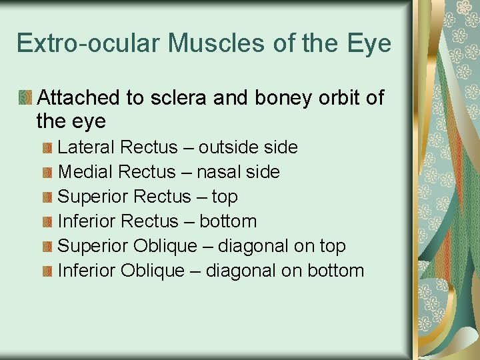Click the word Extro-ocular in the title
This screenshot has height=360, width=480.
[x=89, y=43]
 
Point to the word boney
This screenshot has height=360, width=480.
[x=273, y=99]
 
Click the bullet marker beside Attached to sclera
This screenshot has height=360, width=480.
[x=25, y=98]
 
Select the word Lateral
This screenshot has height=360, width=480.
[x=85, y=147]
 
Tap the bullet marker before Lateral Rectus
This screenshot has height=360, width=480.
[x=47, y=147]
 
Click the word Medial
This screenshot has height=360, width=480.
[x=85, y=171]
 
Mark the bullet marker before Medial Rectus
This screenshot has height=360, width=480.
[x=47, y=172]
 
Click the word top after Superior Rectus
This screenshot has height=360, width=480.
[x=225, y=197]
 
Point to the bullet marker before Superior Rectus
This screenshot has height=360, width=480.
[x=47, y=197]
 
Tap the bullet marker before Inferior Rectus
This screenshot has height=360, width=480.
[x=47, y=221]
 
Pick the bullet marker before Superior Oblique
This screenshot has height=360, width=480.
[x=47, y=246]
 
